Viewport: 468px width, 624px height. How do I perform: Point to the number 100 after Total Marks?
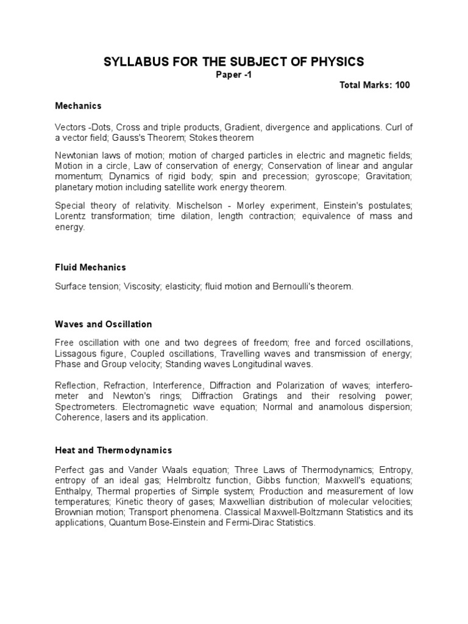(402, 85)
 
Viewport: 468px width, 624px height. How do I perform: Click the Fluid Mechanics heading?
(90, 267)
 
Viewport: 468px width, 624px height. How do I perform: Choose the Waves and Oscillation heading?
(103, 324)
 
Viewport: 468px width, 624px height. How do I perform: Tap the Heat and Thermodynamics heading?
(113, 450)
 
